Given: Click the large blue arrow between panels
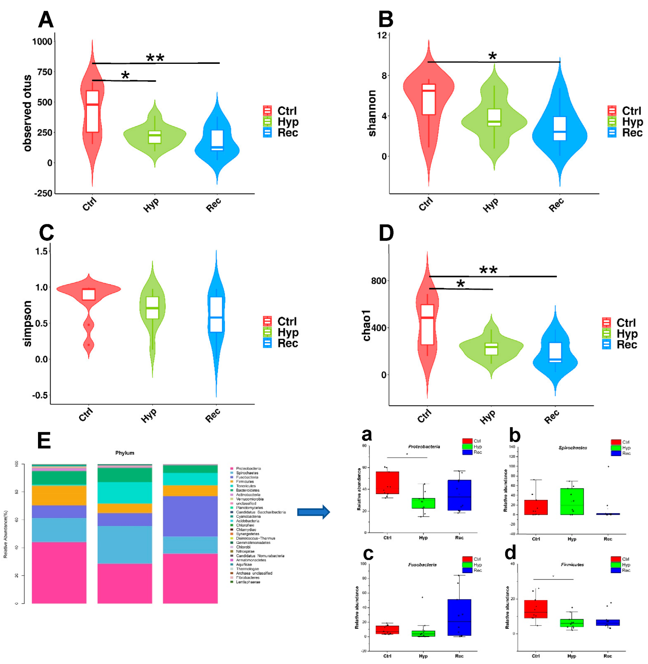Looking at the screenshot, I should [x=313, y=512].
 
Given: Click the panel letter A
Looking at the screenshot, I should [x=46, y=19].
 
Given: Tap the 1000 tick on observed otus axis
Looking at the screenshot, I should [x=42, y=41].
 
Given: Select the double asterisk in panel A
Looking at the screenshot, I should [x=155, y=58].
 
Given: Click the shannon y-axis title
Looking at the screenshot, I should [x=372, y=113].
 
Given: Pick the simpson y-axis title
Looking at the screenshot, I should [x=27, y=323].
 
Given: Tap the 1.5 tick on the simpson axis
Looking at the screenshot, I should [x=41, y=251].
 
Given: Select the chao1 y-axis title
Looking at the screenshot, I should [x=366, y=325].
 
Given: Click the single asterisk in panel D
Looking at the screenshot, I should [x=460, y=284].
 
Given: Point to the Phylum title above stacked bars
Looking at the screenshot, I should [x=125, y=453].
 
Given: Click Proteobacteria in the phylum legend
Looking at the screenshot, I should [x=248, y=468].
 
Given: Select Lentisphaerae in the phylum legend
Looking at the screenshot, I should [x=248, y=582].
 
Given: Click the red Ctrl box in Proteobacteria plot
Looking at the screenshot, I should [x=387, y=483].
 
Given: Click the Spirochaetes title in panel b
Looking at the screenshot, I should [x=572, y=448].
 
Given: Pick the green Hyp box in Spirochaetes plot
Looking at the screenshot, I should [x=572, y=501].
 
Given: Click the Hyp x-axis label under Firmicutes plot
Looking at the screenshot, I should [x=571, y=656].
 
